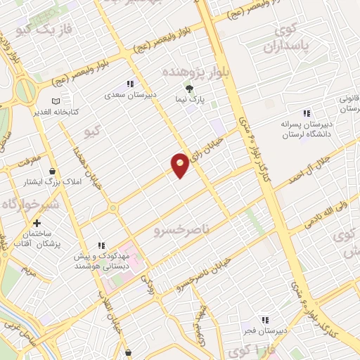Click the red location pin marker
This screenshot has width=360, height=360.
180,165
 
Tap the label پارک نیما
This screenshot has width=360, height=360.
188,101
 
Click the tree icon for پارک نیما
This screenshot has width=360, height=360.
188,88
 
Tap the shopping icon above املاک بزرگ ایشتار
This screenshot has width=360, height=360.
52,171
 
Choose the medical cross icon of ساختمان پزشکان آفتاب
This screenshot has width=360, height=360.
37,223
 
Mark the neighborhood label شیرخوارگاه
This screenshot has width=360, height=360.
27,204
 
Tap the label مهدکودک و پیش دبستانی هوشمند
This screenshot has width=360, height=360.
105,262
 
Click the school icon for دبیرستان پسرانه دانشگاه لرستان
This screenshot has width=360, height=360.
306,113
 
